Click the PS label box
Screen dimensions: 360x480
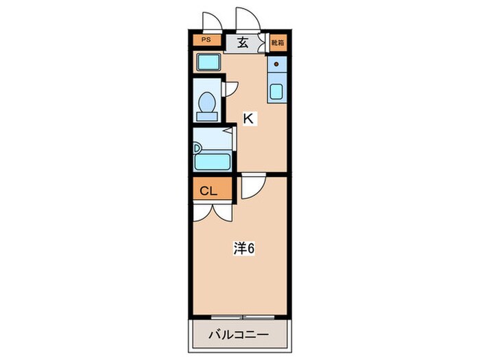point(206,40)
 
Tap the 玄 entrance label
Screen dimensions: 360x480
point(243,43)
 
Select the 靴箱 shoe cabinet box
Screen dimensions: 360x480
point(277,43)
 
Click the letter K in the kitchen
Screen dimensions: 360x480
point(249,119)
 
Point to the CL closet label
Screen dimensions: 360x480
point(209,191)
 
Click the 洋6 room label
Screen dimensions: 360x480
point(243,249)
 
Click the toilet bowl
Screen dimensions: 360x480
point(207,104)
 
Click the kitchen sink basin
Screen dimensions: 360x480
point(277,92)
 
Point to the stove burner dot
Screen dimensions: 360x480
point(277,66)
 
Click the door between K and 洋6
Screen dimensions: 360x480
point(252,185)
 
